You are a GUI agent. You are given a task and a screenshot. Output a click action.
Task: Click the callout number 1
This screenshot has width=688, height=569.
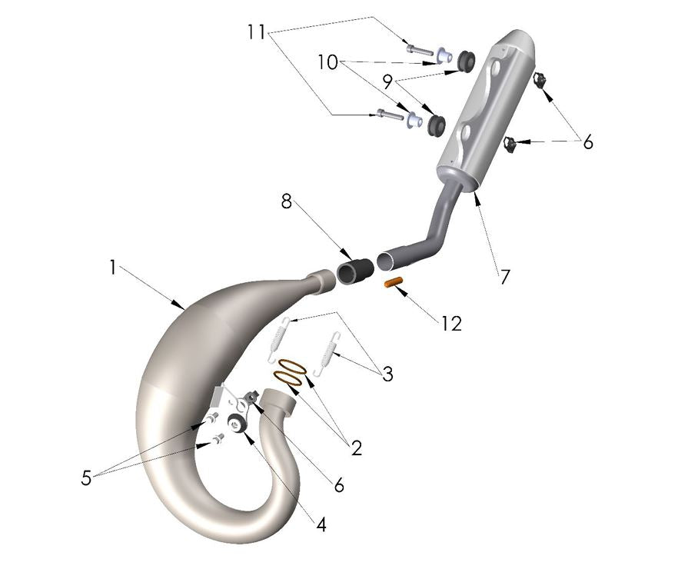pyautogui.click(x=112, y=268)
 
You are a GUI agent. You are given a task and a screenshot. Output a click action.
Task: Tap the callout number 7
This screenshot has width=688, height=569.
pyautogui.click(x=504, y=276)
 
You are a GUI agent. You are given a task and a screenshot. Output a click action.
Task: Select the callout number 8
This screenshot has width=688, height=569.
pyautogui.click(x=287, y=203)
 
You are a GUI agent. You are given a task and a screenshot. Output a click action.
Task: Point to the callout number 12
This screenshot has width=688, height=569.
pyautogui.click(x=451, y=324)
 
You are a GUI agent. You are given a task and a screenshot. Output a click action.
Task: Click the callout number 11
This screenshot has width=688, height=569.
pyautogui.click(x=257, y=32)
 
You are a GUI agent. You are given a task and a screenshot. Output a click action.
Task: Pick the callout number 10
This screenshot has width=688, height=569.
pyautogui.click(x=328, y=62)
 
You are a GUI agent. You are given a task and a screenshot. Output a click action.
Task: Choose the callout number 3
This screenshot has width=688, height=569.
pyautogui.click(x=387, y=374)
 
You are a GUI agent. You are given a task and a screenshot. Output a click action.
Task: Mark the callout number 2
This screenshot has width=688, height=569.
pyautogui.click(x=356, y=448)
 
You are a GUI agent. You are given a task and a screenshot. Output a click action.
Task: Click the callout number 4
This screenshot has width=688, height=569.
pyautogui.click(x=320, y=524)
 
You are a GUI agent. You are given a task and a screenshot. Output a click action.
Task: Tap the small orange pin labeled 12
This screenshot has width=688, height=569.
pyautogui.click(x=394, y=283)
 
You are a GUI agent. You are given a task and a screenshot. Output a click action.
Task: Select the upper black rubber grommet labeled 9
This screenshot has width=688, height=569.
pyautogui.click(x=465, y=60)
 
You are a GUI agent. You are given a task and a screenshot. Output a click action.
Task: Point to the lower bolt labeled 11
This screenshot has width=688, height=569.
pyautogui.click(x=391, y=116)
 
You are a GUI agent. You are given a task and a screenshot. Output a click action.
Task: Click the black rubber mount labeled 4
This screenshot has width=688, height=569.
pyautogui.click(x=235, y=424)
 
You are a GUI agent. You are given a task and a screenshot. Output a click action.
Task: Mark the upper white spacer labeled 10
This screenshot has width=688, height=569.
pyautogui.click(x=444, y=55)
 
